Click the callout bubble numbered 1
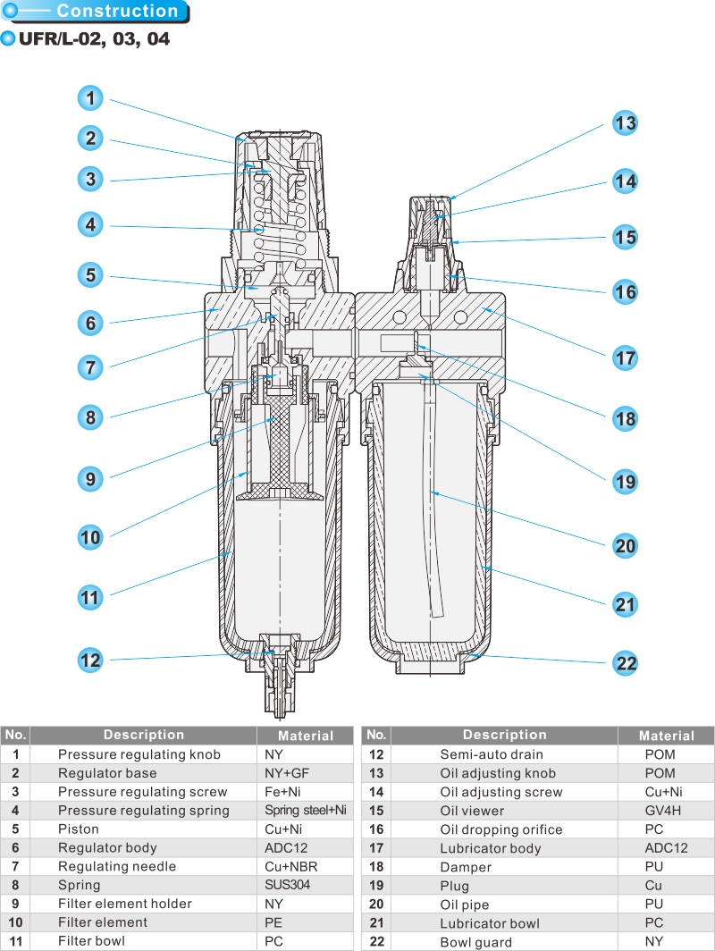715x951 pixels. point(90,97)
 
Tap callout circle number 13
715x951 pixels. point(625,122)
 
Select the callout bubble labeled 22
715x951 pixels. point(625,663)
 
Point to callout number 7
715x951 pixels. point(90,366)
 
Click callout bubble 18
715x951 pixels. point(625,417)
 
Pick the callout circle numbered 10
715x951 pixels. point(90,537)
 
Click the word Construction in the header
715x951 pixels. point(117,12)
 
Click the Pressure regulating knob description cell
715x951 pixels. point(139,754)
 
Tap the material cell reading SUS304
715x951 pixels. point(287,885)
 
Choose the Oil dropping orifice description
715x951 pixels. point(500,829)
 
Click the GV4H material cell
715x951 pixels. point(662,811)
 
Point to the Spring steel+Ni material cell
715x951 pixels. point(305,811)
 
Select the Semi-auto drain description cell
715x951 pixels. point(491,754)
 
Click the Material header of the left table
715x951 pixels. point(305,736)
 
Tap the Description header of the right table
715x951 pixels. point(504,735)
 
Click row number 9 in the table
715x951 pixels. point(15,904)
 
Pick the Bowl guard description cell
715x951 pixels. point(475,942)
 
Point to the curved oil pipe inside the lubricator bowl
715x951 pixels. point(433,536)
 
